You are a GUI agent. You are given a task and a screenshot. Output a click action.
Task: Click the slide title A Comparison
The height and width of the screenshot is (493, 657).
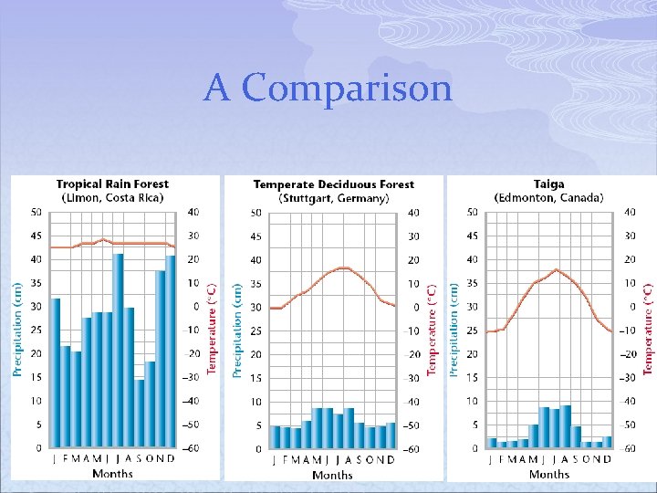[328, 89]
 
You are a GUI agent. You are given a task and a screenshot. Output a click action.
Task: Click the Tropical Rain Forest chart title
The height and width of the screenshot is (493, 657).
[112, 184]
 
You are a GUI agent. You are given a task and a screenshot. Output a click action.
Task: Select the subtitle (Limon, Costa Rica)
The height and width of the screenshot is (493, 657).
[112, 197]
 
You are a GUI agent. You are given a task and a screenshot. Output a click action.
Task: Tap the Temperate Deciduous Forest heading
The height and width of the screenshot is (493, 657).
[333, 184]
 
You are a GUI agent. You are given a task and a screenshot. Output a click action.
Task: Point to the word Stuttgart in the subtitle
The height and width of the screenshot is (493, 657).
[312, 198]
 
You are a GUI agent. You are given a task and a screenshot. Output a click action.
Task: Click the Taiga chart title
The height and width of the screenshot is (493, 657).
[548, 184]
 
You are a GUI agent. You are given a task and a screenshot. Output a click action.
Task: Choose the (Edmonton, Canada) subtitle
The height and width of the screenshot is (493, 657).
[548, 197]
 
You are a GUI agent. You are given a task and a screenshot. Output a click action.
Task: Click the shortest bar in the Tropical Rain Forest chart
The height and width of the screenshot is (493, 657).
[139, 414]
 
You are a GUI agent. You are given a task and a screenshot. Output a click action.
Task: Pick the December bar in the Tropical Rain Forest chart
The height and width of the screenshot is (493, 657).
[170, 351]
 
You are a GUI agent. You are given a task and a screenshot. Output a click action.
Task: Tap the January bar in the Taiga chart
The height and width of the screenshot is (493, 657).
[492, 443]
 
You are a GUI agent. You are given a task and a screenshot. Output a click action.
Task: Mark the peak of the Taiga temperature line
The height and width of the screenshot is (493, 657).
[556, 269]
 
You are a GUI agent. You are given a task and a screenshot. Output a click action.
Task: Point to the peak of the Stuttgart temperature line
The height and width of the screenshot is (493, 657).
[343, 267]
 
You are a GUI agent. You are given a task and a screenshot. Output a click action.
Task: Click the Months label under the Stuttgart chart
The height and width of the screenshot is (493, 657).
[332, 475]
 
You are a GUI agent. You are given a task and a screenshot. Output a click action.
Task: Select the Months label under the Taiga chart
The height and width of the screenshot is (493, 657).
[549, 474]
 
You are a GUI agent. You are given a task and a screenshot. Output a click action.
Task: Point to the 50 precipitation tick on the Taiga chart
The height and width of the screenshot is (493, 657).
[471, 212]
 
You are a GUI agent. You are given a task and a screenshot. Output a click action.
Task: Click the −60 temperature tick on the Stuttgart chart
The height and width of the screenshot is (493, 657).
[412, 449]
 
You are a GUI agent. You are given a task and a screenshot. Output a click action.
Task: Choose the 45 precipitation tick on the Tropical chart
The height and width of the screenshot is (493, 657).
[36, 236]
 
